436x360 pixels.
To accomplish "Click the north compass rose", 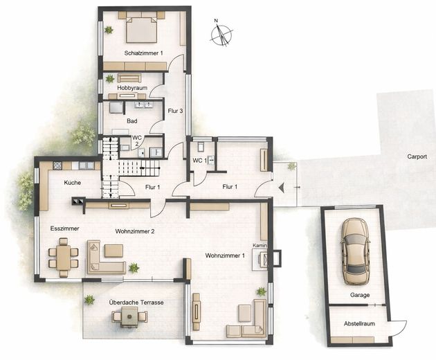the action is [221, 34].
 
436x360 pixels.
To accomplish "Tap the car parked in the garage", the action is [356, 251].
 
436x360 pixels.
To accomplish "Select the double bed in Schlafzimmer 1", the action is [142, 30].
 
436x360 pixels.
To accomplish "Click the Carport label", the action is [417, 156].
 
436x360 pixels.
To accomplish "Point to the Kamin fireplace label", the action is [260, 246].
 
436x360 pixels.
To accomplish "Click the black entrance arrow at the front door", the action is [282, 188].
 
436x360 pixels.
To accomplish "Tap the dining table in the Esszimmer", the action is [64, 258].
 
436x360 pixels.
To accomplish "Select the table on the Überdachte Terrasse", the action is [129, 317].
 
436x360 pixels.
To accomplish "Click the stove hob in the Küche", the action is [57, 166].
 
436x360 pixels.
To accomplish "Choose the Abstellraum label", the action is [359, 324].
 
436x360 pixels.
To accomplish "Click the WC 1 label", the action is [199, 161].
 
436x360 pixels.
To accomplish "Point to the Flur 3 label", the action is [175, 111].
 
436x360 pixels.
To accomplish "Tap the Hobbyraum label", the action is [132, 88].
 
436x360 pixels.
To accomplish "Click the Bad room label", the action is [131, 121].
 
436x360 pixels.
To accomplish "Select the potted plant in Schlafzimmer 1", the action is [109, 30].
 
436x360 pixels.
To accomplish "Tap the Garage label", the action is [360, 295].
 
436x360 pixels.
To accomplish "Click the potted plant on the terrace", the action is [89, 300].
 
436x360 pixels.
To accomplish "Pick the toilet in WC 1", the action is [201, 146].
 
